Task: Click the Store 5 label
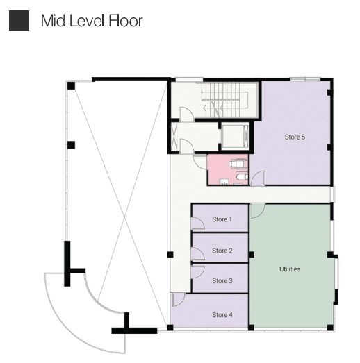(295, 137)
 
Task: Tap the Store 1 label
(222, 219)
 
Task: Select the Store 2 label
(222, 251)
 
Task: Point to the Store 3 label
(222, 280)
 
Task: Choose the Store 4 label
(222, 314)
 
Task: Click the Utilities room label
(290, 269)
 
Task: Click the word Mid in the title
(53, 21)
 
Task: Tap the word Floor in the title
(125, 21)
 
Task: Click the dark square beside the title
(19, 20)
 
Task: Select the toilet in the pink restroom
(242, 177)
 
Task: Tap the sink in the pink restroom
(224, 181)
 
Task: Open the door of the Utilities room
(258, 211)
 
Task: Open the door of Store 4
(179, 300)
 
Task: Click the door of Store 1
(198, 223)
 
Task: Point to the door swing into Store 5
(259, 178)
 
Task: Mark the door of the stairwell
(187, 114)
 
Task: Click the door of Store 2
(198, 254)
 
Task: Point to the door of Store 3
(198, 271)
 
